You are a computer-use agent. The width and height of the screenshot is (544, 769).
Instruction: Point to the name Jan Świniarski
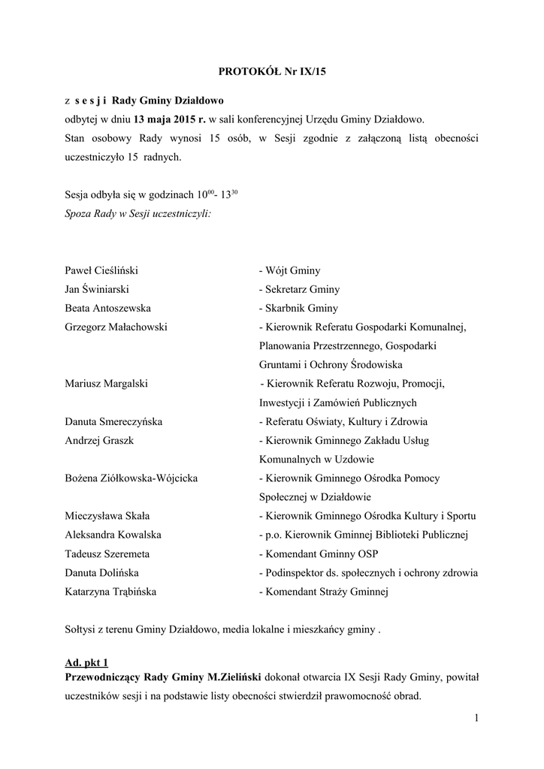pos(96,289)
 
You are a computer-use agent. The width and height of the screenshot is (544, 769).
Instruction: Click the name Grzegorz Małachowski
pos(116,327)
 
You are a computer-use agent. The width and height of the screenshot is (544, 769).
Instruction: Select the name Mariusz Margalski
pos(106,383)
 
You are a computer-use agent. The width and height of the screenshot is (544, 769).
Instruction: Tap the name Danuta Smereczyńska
pos(113,421)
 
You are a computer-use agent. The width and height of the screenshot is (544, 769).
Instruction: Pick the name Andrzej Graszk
pos(99,440)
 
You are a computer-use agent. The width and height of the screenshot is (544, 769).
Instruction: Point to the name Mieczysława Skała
pos(107,516)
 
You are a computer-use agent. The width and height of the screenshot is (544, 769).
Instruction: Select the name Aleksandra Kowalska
pos(113,535)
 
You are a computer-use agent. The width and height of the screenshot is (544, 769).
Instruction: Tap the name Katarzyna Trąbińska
pos(110,592)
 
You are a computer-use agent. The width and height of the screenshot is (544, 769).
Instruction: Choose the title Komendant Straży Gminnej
pos(322,592)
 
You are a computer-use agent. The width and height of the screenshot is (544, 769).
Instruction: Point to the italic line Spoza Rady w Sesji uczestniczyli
pos(138,214)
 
